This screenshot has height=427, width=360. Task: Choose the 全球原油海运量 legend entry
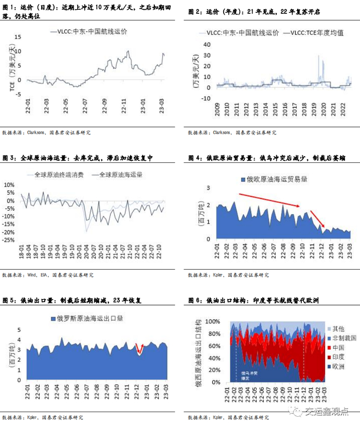(117, 175)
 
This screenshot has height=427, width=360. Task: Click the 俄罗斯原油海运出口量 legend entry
(91, 319)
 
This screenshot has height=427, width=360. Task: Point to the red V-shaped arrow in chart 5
(138, 349)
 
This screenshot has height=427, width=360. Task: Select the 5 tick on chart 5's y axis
(21, 329)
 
